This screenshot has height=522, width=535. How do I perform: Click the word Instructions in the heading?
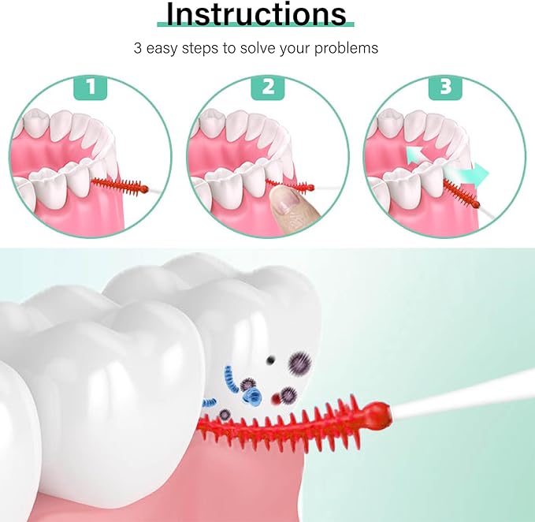click(x=256, y=13)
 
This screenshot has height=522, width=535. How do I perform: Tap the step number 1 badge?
click(x=91, y=87)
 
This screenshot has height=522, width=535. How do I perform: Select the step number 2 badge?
click(x=268, y=87)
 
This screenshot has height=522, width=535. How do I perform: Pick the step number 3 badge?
click(x=445, y=87)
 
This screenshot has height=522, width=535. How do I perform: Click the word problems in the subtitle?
click(x=346, y=48)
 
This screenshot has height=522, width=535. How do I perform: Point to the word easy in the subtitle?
click(x=162, y=49)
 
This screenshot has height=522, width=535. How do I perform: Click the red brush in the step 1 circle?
click(x=120, y=186)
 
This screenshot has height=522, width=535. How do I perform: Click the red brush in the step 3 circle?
click(x=461, y=194)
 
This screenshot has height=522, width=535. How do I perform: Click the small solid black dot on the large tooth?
click(x=270, y=359)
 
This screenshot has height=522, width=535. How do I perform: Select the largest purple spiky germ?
click(x=300, y=364)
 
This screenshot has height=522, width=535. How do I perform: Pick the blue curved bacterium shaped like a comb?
click(x=232, y=379)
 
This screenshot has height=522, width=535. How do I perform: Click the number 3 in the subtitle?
click(x=138, y=48)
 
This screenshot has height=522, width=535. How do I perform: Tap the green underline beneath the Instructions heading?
click(x=255, y=24)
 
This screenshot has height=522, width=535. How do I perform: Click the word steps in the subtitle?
click(x=200, y=49)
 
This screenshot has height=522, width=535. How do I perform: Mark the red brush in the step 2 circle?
click(x=292, y=185)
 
